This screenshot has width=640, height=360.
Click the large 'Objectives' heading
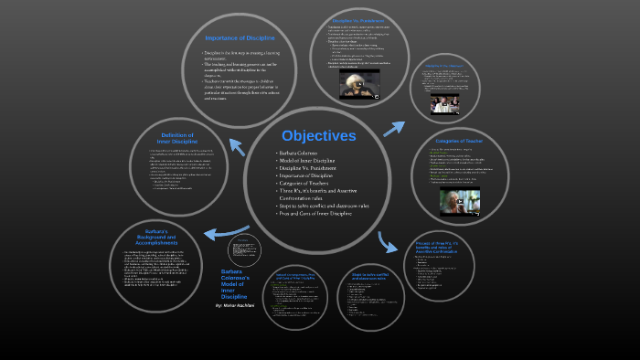click(318, 135)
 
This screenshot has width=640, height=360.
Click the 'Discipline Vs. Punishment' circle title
click(357, 19)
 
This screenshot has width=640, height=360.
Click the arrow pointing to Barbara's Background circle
click(226, 234)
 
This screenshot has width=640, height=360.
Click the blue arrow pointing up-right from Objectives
click(394, 128)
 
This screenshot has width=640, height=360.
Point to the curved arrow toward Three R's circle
click(387, 241)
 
